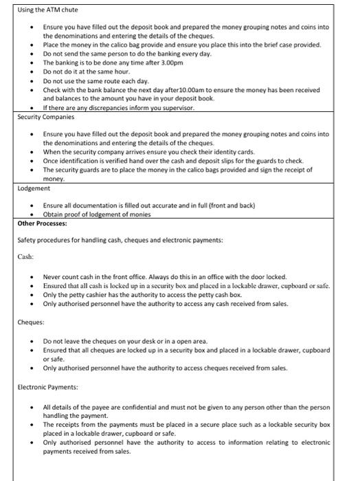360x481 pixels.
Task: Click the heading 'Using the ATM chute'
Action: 47,10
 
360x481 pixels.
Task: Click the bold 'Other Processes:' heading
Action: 42,223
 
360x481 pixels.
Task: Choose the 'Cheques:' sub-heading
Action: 31,322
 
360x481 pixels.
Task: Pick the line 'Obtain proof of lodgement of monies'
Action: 96,214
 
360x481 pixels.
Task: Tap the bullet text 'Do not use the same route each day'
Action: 86,80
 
